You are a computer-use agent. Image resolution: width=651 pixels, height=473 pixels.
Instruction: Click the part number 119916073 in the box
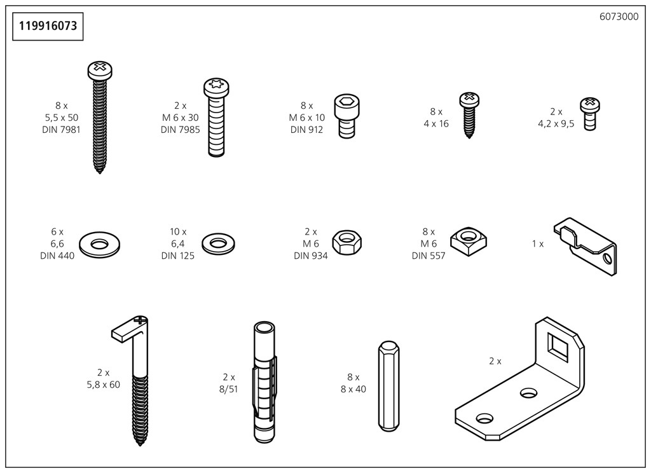coord(48,26)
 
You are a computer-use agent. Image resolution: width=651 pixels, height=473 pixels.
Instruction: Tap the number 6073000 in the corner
coord(619,17)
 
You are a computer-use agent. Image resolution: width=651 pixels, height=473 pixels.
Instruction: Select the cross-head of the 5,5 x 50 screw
coord(99,67)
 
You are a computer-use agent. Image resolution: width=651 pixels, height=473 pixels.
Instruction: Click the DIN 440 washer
coord(100,243)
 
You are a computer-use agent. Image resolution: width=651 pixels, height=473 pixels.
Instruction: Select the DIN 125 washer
coord(218,243)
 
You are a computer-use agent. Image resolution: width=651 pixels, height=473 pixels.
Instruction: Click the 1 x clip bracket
coord(587,248)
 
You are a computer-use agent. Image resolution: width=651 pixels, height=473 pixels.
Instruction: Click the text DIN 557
coord(428,256)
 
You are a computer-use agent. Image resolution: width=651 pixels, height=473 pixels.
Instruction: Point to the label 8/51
coord(229,389)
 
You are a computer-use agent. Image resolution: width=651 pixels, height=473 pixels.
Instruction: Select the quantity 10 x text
coord(178,232)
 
